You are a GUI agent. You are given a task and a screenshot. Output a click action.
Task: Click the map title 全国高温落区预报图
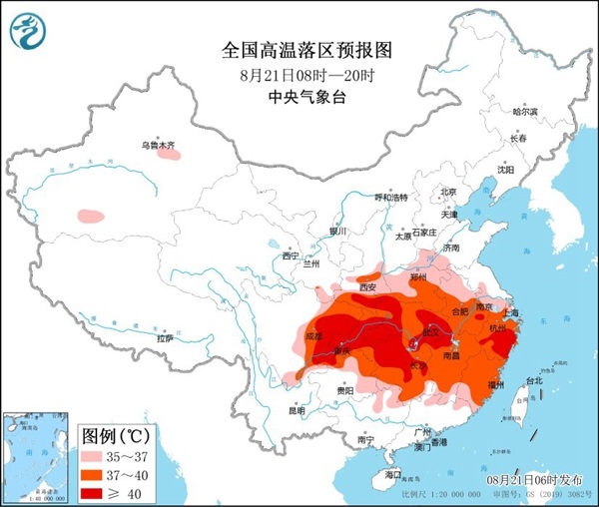click(299, 49)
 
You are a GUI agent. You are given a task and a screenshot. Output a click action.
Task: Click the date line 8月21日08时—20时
click(299, 74)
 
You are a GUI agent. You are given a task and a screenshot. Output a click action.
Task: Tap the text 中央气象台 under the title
click(299, 97)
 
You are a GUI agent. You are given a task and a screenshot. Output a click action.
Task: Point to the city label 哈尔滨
click(524, 112)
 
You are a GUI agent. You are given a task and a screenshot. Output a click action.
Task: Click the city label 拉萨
click(163, 338)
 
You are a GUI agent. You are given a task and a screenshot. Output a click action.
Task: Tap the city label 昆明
click(297, 410)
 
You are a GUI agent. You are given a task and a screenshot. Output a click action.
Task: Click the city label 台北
click(534, 380)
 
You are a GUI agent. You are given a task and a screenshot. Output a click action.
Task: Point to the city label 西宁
click(291, 256)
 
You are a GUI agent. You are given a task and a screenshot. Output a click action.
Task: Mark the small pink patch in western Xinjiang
click(90, 215)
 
